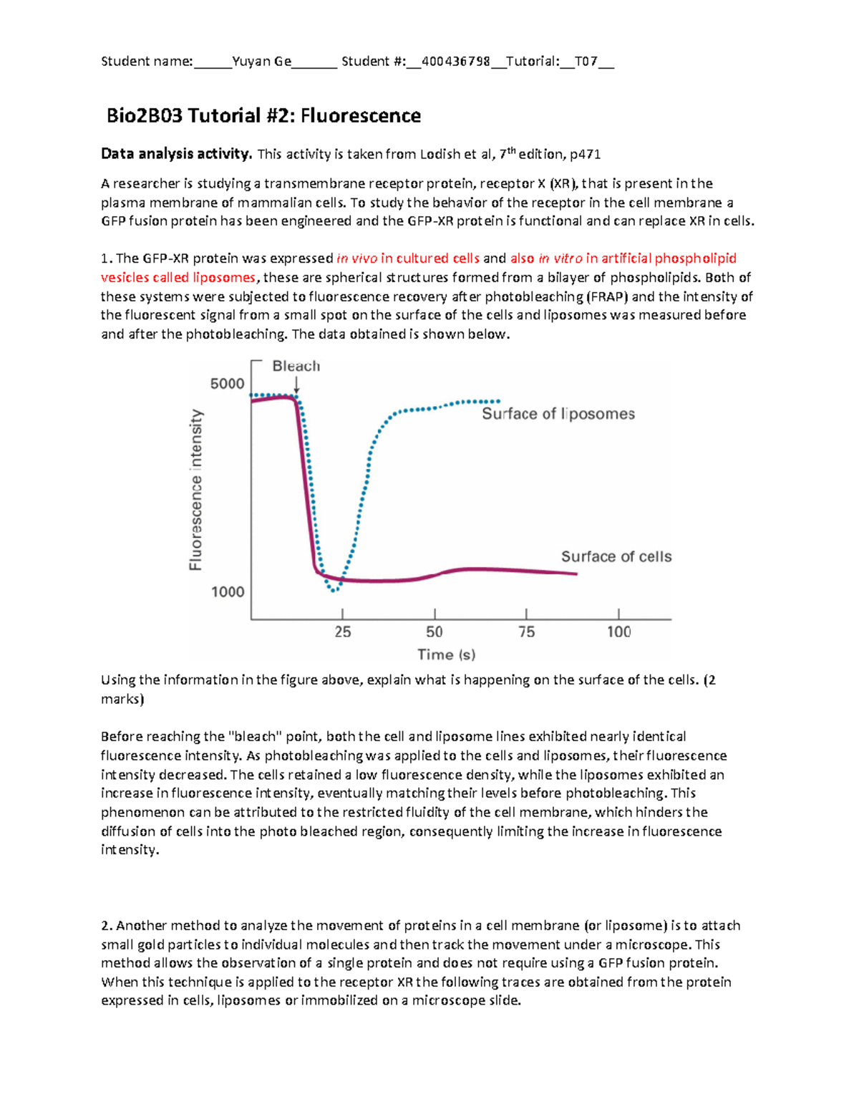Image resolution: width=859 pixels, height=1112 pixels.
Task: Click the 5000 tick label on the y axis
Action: pyautogui.click(x=227, y=384)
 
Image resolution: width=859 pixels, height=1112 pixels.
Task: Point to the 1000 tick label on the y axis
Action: pyautogui.click(x=227, y=591)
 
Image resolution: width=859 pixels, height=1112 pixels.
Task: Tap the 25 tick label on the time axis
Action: pyautogui.click(x=343, y=632)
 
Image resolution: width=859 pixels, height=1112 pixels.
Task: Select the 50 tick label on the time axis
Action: pyautogui.click(x=435, y=632)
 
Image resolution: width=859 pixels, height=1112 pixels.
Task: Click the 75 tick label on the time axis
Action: pyautogui.click(x=526, y=632)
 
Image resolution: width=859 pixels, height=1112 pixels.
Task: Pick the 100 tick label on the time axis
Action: pyautogui.click(x=618, y=632)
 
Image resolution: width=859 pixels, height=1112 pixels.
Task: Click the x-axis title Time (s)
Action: pyautogui.click(x=446, y=654)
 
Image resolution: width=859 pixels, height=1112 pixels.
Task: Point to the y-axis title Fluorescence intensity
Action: pyautogui.click(x=195, y=490)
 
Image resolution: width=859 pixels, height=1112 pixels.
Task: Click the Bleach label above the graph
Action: pyautogui.click(x=296, y=366)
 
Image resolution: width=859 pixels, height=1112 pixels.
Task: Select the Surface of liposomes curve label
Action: pyautogui.click(x=558, y=414)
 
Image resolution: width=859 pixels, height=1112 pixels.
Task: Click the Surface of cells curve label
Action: pyautogui.click(x=616, y=556)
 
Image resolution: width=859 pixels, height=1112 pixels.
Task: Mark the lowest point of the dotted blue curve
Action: pyautogui.click(x=334, y=590)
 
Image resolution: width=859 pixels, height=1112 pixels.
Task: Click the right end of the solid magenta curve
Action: pyautogui.click(x=576, y=574)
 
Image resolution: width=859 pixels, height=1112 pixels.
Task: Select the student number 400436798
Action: pyautogui.click(x=456, y=62)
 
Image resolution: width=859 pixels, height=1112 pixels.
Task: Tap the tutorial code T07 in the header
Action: pyautogui.click(x=586, y=62)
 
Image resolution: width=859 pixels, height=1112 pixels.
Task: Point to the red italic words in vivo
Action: pyautogui.click(x=356, y=258)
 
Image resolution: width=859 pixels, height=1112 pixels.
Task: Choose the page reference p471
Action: pyautogui.click(x=585, y=154)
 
